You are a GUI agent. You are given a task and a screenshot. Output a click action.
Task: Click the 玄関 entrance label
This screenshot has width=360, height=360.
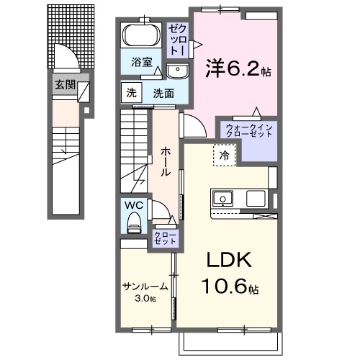click(x=63, y=84)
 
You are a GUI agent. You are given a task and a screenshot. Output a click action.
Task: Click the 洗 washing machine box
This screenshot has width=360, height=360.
click(x=131, y=93)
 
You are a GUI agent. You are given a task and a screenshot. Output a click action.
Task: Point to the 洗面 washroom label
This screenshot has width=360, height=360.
click(x=162, y=93)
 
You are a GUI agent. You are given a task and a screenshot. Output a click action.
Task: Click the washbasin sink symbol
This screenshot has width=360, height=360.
click(x=177, y=70)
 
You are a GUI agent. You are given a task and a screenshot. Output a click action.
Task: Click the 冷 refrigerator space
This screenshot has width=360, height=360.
click(x=225, y=153)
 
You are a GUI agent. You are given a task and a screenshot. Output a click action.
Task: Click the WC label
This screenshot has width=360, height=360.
click(x=133, y=205)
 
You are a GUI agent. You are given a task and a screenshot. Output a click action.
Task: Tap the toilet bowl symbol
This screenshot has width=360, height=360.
click(x=133, y=226)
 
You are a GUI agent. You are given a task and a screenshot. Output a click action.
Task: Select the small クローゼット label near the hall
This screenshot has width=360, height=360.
click(x=165, y=239)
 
